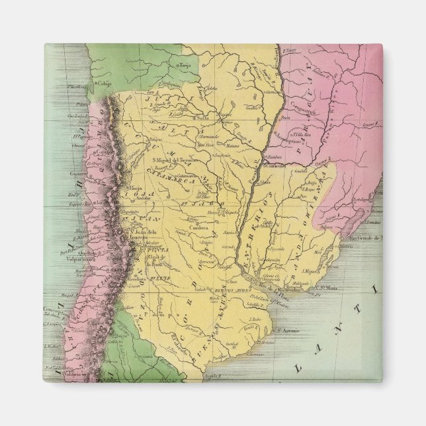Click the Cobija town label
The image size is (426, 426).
point(102,83)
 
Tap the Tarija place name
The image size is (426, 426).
point(185,65)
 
